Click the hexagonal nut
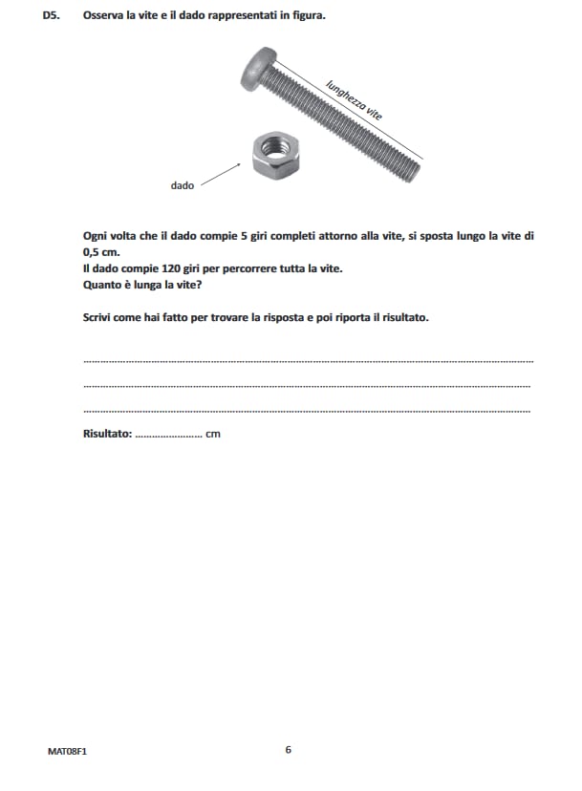click(x=276, y=154)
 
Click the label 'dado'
click(x=182, y=185)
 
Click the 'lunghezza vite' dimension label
click(x=354, y=98)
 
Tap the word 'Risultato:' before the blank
click(x=107, y=434)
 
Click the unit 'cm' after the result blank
click(x=213, y=435)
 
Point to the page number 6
click(x=288, y=749)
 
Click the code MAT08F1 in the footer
click(x=67, y=751)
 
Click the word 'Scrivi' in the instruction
click(x=98, y=317)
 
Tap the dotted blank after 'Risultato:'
click(x=168, y=436)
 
